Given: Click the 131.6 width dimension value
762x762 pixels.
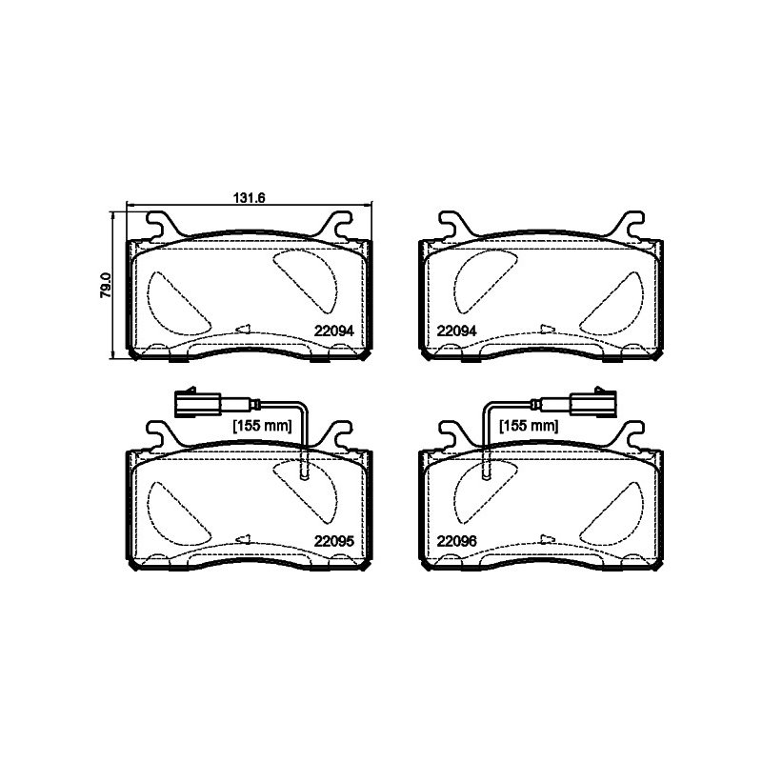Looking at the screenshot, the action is (250, 198).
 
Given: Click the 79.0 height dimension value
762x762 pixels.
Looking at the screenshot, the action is (106, 285).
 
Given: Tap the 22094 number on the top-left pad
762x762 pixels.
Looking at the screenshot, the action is (334, 331).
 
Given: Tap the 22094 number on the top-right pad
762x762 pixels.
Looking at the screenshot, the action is (457, 331).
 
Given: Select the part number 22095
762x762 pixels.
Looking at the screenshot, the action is (334, 541).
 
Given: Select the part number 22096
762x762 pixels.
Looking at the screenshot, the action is (457, 541).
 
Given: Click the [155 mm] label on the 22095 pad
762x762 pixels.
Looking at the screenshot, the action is (263, 426).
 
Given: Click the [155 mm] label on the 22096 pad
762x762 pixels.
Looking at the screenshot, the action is (530, 426).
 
